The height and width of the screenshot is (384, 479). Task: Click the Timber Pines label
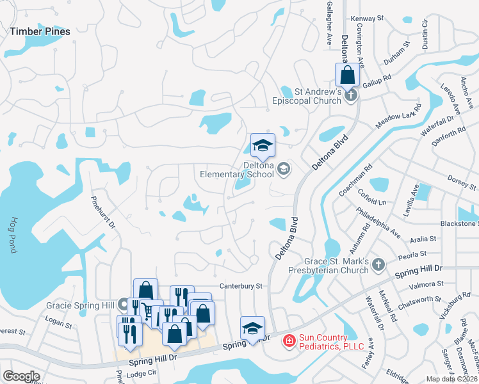tap(40, 30)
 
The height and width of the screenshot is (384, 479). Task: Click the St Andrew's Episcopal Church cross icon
tap(350, 96)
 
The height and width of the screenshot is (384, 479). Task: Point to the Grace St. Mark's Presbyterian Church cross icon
tap(378, 263)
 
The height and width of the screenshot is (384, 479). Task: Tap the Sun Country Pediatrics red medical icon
tap(289, 341)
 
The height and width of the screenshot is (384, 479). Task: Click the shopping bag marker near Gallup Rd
tap(346, 75)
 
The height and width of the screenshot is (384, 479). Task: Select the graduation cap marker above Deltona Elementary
tap(263, 146)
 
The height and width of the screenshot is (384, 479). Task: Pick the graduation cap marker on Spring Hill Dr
tap(253, 328)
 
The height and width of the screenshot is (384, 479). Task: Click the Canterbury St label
tap(241, 285)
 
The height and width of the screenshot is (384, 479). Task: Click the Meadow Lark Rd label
tap(400, 115)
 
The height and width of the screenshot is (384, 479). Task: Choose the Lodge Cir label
tap(141, 372)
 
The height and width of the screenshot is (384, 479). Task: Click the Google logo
tap(21, 376)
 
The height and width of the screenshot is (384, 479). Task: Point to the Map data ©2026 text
tap(451, 379)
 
